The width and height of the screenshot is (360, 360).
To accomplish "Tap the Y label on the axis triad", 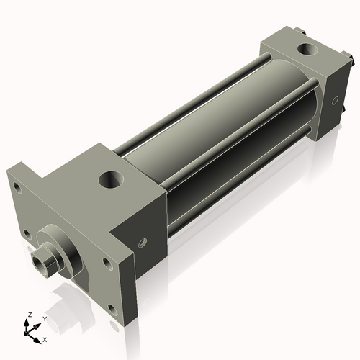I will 45,318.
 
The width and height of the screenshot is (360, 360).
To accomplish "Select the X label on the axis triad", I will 45,338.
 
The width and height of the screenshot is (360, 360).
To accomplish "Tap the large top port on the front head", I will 112,178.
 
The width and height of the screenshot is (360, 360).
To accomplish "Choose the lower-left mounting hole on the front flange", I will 27,234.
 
